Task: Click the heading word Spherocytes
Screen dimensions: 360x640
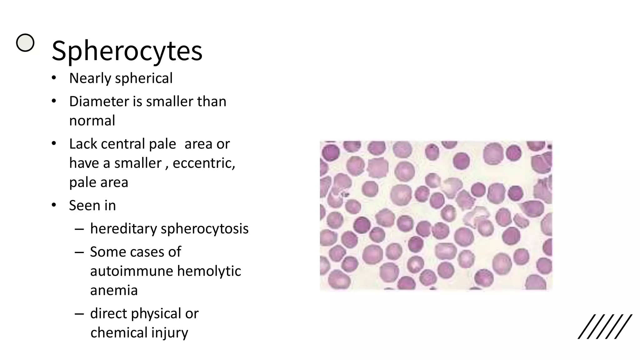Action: tap(127, 51)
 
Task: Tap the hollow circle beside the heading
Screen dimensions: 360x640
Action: tap(25, 42)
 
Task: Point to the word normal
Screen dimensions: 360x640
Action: tap(92, 121)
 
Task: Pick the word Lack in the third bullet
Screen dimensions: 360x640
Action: tap(83, 144)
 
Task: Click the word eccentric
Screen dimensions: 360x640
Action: tap(203, 163)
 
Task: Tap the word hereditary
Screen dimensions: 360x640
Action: tap(123, 229)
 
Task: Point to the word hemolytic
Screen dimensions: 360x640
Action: tap(209, 271)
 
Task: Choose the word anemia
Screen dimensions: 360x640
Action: tap(114, 290)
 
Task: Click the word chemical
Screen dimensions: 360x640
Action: tap(119, 332)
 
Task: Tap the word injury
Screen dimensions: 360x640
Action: tap(170, 332)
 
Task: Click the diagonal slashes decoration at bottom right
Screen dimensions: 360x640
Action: tap(605, 327)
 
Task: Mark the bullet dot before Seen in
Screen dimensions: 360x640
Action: tap(54, 205)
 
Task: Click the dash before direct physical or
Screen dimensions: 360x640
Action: tap(79, 314)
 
